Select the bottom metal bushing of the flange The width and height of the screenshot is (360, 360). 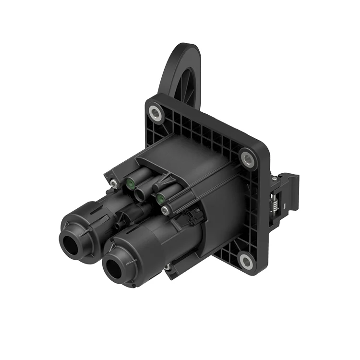[x=246, y=261]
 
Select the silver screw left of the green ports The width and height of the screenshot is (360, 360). [x=113, y=183]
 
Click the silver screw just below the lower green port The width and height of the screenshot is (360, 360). [x=165, y=210]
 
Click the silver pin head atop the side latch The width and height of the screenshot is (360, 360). [x=274, y=179]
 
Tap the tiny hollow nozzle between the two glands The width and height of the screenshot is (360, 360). [x=117, y=225]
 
